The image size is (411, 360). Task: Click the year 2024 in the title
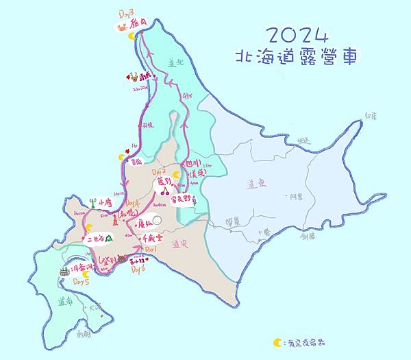(x=296, y=35)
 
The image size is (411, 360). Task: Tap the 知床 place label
(x=371, y=117)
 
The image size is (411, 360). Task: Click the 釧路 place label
(x=307, y=235)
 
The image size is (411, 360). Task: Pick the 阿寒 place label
(x=295, y=197)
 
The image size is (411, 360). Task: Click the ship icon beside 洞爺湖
(x=64, y=271)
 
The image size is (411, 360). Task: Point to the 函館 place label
(x=84, y=334)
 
